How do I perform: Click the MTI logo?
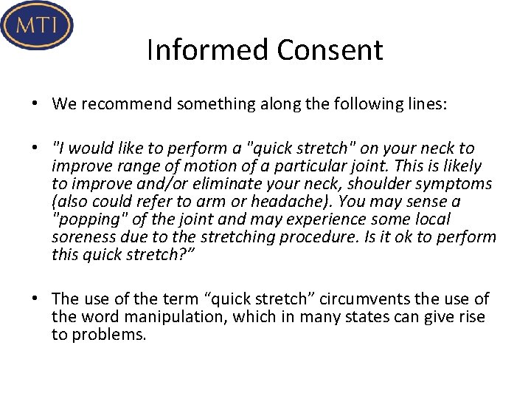(x=37, y=25)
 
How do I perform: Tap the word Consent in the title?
(x=330, y=50)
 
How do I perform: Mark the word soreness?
(x=82, y=237)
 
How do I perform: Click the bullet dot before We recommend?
(x=35, y=103)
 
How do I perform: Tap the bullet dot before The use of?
(x=35, y=299)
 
